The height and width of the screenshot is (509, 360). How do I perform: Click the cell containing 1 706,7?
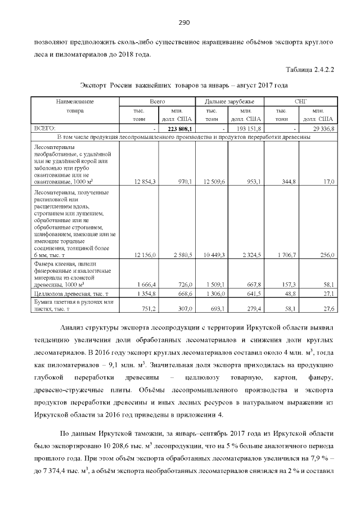(287, 255)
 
